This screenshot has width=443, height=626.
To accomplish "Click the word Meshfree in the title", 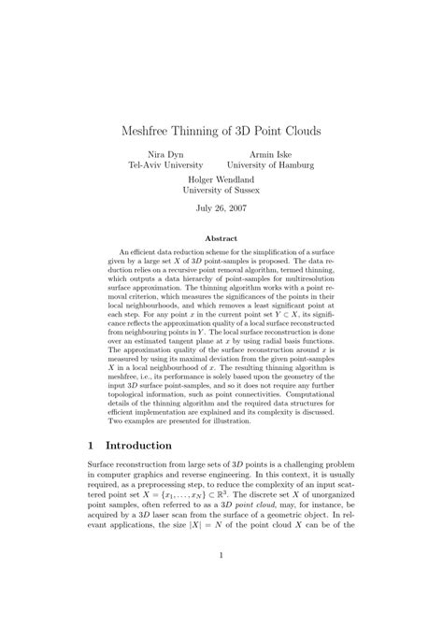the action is pyautogui.click(x=148, y=131).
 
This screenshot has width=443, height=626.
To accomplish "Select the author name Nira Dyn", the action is pyautogui.click(x=165, y=153).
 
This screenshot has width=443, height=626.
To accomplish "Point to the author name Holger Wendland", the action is pyautogui.click(x=221, y=178).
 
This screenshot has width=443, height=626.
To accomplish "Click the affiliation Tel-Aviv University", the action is pyautogui.click(x=165, y=165).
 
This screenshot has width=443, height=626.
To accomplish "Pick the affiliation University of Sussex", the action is pyautogui.click(x=221, y=190).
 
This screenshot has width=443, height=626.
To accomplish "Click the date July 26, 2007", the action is pyautogui.click(x=221, y=207).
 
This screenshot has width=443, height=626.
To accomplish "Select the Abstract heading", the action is pyautogui.click(x=221, y=239).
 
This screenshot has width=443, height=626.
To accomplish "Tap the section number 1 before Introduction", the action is pyautogui.click(x=91, y=446).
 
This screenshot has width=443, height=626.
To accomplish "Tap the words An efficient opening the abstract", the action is pyautogui.click(x=140, y=252).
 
